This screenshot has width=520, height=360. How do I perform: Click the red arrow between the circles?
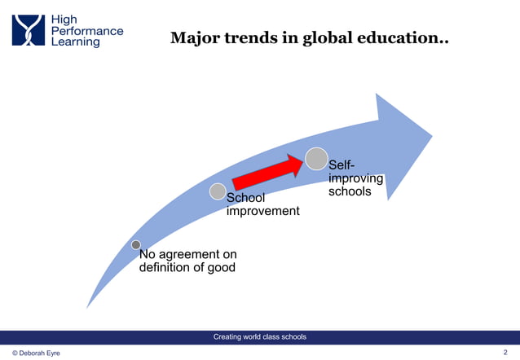tap(267, 172)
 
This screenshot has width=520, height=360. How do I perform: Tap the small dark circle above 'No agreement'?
tap(136, 244)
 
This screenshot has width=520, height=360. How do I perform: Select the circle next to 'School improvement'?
tap(218, 191)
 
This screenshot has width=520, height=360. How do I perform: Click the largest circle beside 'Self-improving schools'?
tap(316, 159)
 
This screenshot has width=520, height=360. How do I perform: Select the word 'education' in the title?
tap(401, 38)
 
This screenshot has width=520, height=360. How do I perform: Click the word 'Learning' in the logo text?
tap(76, 42)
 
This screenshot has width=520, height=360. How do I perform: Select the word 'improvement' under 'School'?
tap(262, 212)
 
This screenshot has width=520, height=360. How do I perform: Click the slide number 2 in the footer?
tap(506, 352)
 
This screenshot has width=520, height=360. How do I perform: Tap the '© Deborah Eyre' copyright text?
tap(36, 353)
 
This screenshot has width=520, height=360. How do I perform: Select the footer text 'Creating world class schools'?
tap(259, 336)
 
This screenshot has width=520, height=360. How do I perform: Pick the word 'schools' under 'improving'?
tap(350, 192)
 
